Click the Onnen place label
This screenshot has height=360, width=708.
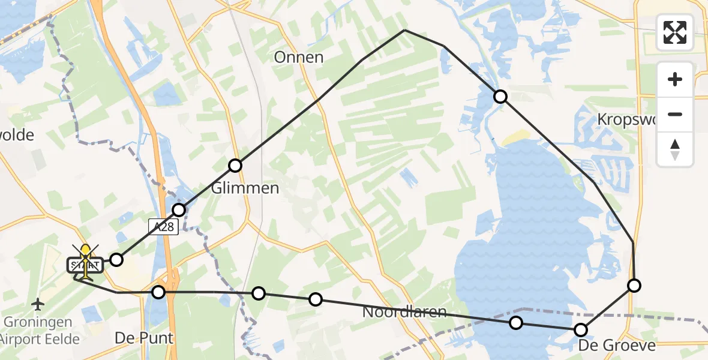click(299, 58)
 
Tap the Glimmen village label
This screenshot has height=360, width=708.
click(245, 188)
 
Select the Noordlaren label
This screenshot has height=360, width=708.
click(404, 312)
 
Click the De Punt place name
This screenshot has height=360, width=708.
click(144, 338)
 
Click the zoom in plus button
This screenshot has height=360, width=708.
click(675, 79)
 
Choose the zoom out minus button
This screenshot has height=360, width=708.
click(675, 114)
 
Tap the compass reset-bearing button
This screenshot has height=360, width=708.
click(675, 149)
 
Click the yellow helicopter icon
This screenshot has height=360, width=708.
click(86, 262)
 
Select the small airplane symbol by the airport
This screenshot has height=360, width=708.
click(38, 304)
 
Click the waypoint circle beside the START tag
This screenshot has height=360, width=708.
click(116, 260)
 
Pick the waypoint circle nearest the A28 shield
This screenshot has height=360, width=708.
click(179, 209)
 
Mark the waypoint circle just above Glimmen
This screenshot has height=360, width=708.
click(235, 166)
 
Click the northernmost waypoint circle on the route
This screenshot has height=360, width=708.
click(500, 97)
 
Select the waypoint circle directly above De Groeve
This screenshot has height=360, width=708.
click(580, 329)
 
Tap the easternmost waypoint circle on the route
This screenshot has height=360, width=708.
click(634, 286)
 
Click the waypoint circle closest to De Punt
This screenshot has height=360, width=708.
click(158, 292)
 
